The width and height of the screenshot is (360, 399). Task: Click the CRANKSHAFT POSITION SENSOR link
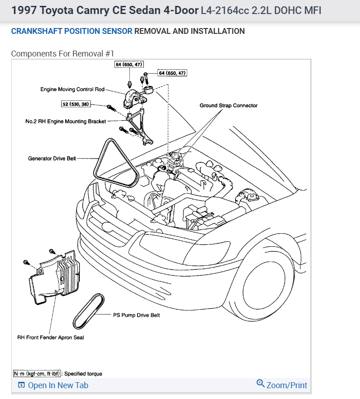pos(71,31)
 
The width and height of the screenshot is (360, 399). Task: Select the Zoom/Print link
pos(287,385)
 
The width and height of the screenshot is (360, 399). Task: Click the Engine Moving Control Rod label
pos(72,89)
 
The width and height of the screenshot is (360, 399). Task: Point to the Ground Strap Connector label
pos(228,105)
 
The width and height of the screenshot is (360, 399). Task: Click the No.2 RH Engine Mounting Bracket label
pos(66,122)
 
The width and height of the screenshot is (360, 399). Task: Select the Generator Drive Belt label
pos(52,159)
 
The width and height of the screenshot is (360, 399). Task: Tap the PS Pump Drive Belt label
pos(136,315)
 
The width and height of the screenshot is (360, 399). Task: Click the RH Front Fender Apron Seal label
pos(51,337)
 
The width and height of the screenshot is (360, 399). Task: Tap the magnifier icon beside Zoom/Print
pos(260,384)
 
